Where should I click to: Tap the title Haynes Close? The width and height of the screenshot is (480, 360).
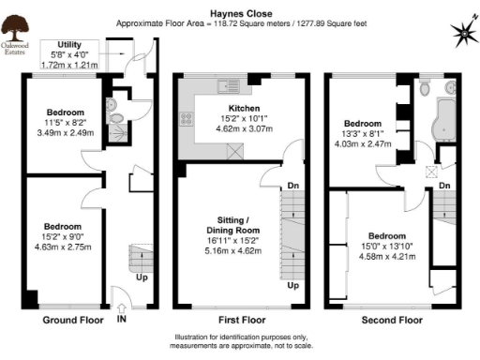[x=240, y=8]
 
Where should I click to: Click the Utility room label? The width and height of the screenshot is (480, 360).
[x=69, y=45]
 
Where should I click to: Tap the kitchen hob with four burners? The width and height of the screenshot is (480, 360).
[x=187, y=118]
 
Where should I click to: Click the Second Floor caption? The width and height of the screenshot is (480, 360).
[x=392, y=321]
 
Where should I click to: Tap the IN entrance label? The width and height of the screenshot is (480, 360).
[x=121, y=320]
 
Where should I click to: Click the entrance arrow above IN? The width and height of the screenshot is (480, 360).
[x=121, y=305]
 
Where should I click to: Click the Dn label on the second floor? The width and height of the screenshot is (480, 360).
[x=443, y=186]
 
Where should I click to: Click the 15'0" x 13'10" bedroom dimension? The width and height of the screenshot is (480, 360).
[x=385, y=247]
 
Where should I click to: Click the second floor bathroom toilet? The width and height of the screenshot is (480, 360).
[x=426, y=90]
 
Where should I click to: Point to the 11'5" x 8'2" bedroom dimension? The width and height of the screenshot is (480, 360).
[x=65, y=121]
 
